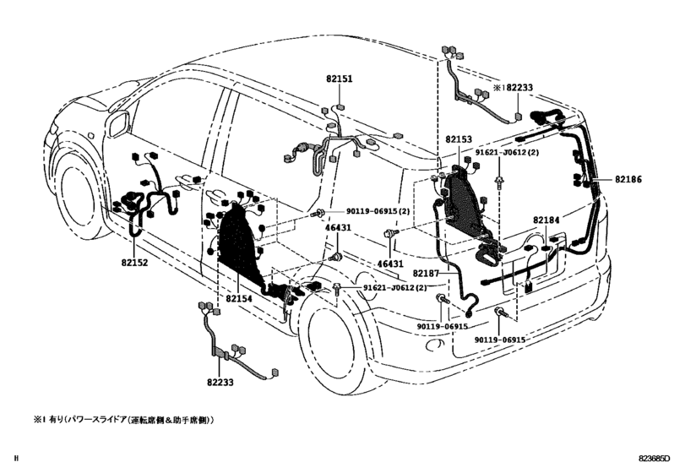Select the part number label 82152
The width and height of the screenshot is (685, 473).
(132, 263)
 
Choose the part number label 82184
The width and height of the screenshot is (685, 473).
(546, 220)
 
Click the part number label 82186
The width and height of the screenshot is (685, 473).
(628, 180)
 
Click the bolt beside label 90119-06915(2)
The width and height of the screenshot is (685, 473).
(321, 213)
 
